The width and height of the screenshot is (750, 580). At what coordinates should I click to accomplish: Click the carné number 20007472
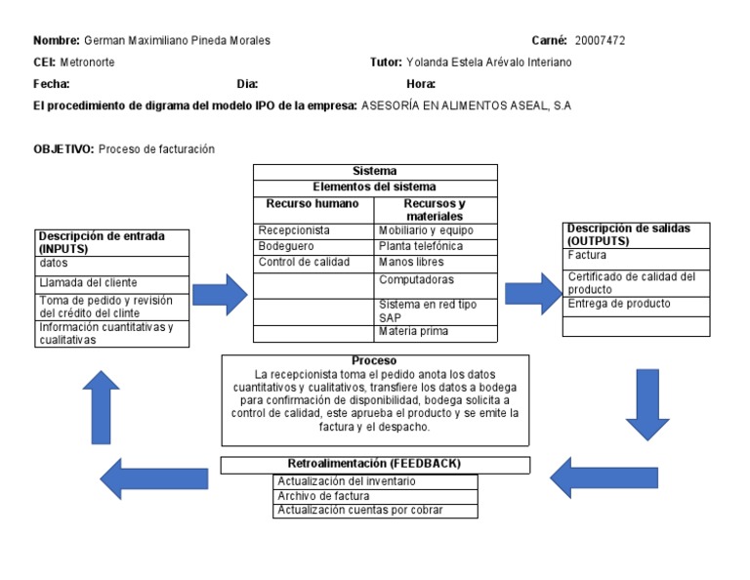(600, 40)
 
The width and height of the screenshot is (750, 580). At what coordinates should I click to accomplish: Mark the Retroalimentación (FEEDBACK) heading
(374, 464)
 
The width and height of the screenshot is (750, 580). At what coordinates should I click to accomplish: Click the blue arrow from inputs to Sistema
(221, 294)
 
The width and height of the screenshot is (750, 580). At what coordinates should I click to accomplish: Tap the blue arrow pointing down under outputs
(647, 403)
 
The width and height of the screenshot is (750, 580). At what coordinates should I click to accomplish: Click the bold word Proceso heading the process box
(374, 361)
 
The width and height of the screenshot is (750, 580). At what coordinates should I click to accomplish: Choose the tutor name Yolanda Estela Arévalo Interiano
(488, 62)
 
